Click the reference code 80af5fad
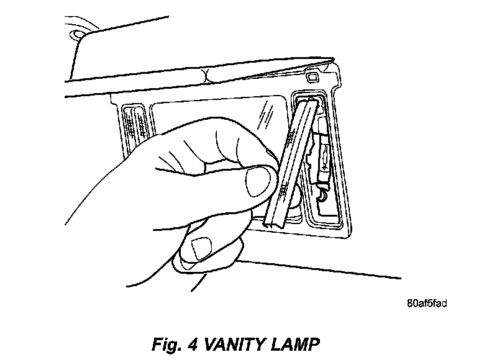(427, 304)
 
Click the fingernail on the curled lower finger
(203, 248)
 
